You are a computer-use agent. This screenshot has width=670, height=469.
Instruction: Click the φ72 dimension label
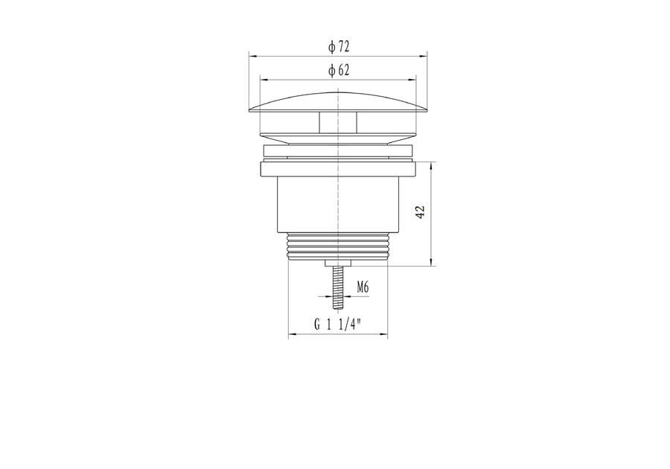pyautogui.click(x=339, y=46)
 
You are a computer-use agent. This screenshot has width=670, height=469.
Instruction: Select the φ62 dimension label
pyautogui.click(x=339, y=70)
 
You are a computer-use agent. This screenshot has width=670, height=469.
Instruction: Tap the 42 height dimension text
pyautogui.click(x=421, y=212)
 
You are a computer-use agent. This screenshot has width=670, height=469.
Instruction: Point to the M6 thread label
pyautogui.click(x=363, y=287)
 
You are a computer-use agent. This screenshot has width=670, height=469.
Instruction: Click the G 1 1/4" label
pyautogui.click(x=337, y=325)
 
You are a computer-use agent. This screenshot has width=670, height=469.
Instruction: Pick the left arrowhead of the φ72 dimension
pyautogui.click(x=252, y=56)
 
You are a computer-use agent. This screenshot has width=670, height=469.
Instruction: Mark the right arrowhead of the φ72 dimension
pyautogui.click(x=424, y=56)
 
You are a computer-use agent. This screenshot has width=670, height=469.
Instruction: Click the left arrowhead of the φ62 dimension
pyautogui.click(x=264, y=80)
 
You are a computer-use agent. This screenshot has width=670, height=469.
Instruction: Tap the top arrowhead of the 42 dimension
pyautogui.click(x=431, y=166)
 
